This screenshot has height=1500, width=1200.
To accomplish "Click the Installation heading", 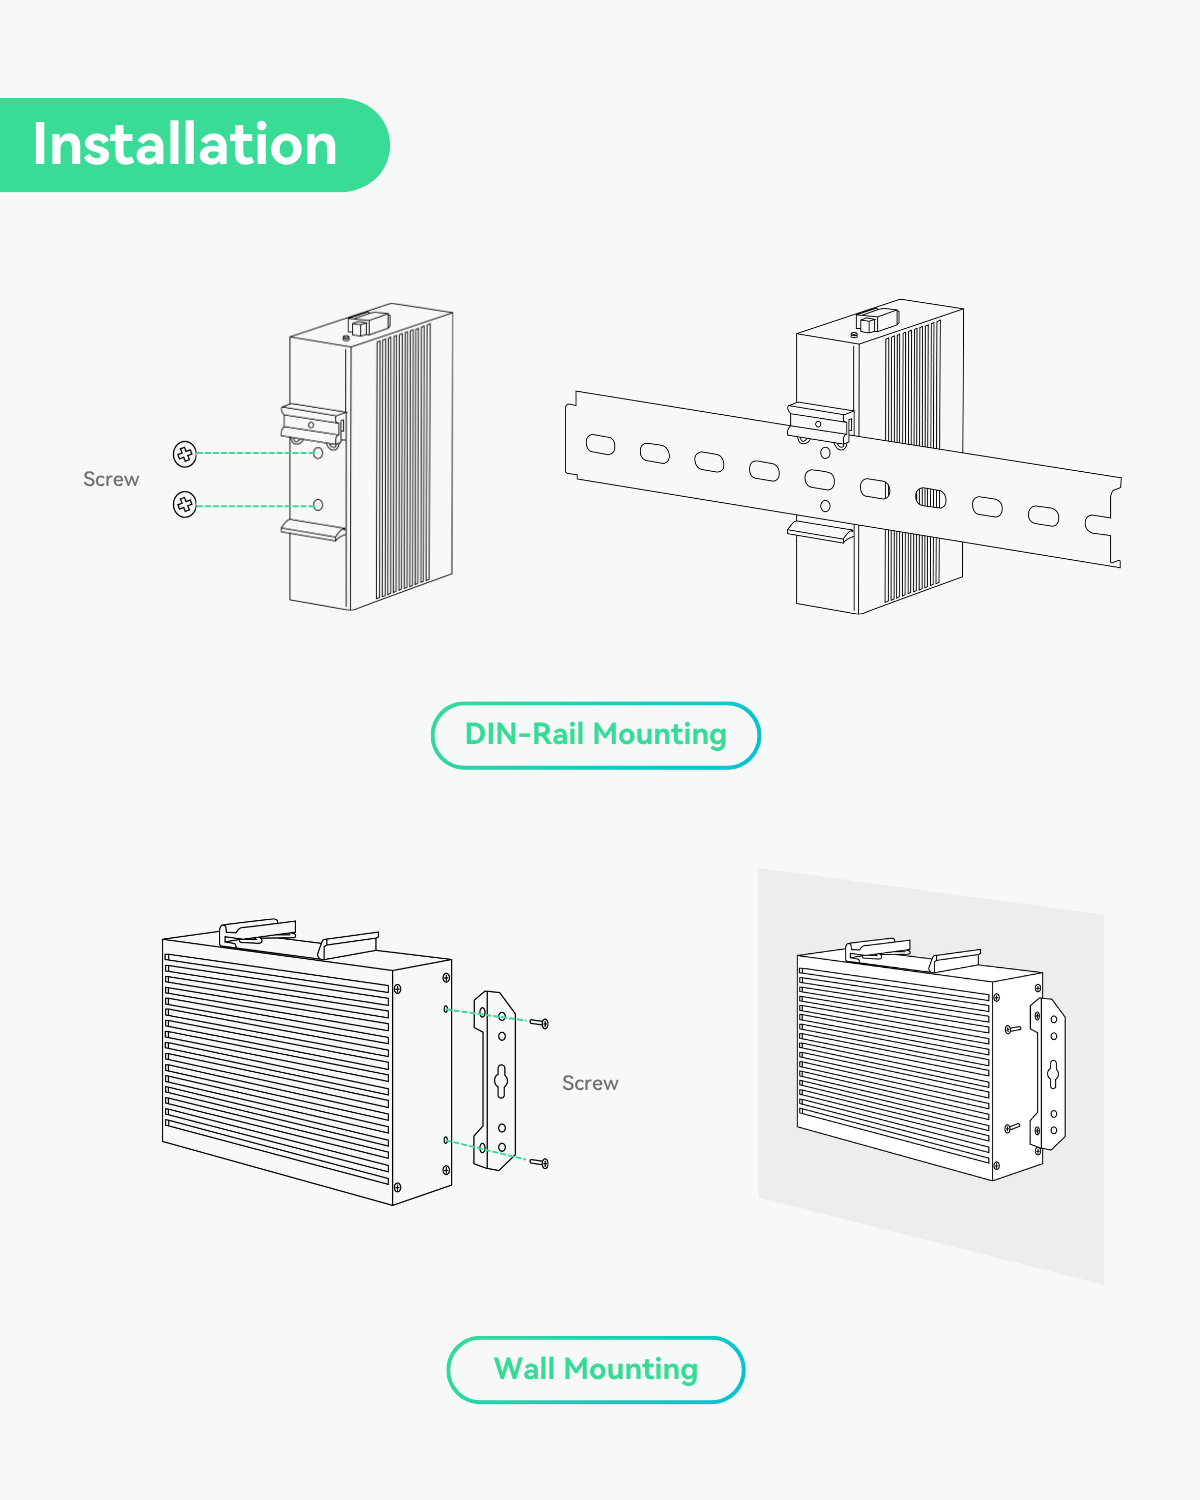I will pos(185,145).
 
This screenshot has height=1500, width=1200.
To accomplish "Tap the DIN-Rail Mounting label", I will pos(596,735).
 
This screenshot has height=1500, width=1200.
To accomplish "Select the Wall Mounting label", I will pos(596,1369).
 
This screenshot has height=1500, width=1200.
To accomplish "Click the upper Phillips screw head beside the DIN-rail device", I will pos(185,454).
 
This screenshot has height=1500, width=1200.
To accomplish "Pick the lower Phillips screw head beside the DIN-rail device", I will pos(185,505).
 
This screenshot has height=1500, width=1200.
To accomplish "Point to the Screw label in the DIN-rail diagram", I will pos(111,480).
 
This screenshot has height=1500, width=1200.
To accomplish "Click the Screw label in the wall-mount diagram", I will pos(590,1083).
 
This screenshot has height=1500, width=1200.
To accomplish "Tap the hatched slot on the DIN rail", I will pos(931,498).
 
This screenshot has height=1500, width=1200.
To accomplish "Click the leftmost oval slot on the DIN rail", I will pos(600,444).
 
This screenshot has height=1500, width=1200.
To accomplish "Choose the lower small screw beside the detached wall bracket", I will pos(543,1163).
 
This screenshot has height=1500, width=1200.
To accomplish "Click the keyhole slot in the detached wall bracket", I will pos(502,1080).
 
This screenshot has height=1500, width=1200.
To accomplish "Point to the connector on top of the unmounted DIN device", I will pos(367,323).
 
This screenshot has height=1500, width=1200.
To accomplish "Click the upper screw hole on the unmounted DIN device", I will pos(318,453).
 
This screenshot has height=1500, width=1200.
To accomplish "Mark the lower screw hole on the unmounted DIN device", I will pos(318,505).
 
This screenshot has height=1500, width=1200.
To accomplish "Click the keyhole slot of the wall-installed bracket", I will pos(1053,1074).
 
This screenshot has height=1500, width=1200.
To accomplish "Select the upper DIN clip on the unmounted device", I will pos(313,421).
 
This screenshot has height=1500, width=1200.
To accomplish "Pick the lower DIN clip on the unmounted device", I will pos(314,529).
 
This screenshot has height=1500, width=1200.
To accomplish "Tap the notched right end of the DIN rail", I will pos(1106,522).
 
